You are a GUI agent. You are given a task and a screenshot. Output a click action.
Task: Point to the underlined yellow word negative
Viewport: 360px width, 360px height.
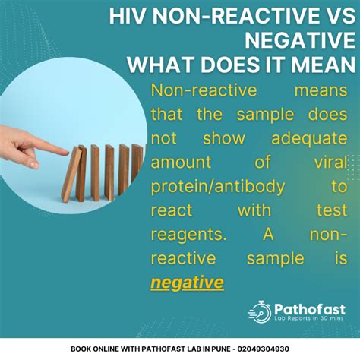[x=187, y=283]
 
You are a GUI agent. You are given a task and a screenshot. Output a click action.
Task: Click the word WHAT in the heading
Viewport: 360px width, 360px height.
[x=159, y=65]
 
